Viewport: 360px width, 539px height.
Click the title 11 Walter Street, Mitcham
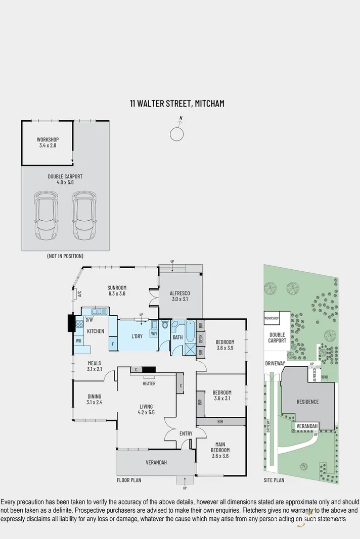coord(176,104)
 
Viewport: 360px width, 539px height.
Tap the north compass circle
coord(176,134)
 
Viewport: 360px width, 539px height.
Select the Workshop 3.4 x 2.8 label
coord(48,142)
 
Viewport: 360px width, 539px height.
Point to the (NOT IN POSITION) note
coord(65,256)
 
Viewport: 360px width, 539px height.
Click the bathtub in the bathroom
coord(191,331)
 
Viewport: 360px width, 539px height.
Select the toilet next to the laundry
coord(165,325)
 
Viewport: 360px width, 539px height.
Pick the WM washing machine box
coord(154,334)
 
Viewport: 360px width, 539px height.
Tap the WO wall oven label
coord(78,341)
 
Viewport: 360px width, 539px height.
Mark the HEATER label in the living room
coord(149,383)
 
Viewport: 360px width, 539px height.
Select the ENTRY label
coord(186,433)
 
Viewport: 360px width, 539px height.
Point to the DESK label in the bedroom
coord(201,338)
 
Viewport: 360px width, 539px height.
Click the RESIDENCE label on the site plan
coord(307,402)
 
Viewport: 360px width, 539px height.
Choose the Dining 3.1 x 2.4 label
coord(94,400)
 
